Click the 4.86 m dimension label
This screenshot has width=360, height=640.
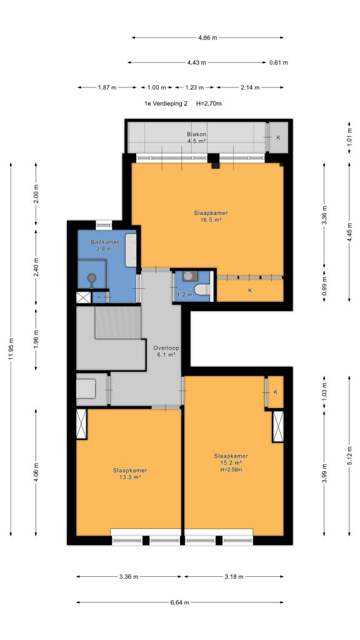tap(207, 37)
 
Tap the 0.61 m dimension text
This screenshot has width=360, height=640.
tap(278, 62)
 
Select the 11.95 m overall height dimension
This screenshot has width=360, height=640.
tap(11, 349)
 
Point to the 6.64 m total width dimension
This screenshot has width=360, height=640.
tap(179, 602)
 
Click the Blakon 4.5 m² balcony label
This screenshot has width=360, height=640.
tap(196, 137)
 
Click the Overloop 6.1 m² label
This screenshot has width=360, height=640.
tap(164, 351)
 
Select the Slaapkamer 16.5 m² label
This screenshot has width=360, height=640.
tap(211, 216)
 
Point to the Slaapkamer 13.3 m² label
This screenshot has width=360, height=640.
tap(130, 473)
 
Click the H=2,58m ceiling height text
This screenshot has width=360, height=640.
tap(231, 470)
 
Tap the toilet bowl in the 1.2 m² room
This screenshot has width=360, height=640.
tap(202, 289)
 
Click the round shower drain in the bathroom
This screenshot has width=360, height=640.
tap(92, 277)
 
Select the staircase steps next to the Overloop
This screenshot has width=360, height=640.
tap(118, 322)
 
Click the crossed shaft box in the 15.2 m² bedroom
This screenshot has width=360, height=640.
tap(278, 426)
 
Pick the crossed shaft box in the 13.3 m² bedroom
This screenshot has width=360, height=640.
tap(82, 424)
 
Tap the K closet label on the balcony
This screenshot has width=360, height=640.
tap(278, 137)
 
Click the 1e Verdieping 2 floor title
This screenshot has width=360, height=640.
tap(166, 103)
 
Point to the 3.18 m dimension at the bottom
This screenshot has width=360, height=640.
tap(234, 577)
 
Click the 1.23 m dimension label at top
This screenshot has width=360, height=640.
tap(195, 87)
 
